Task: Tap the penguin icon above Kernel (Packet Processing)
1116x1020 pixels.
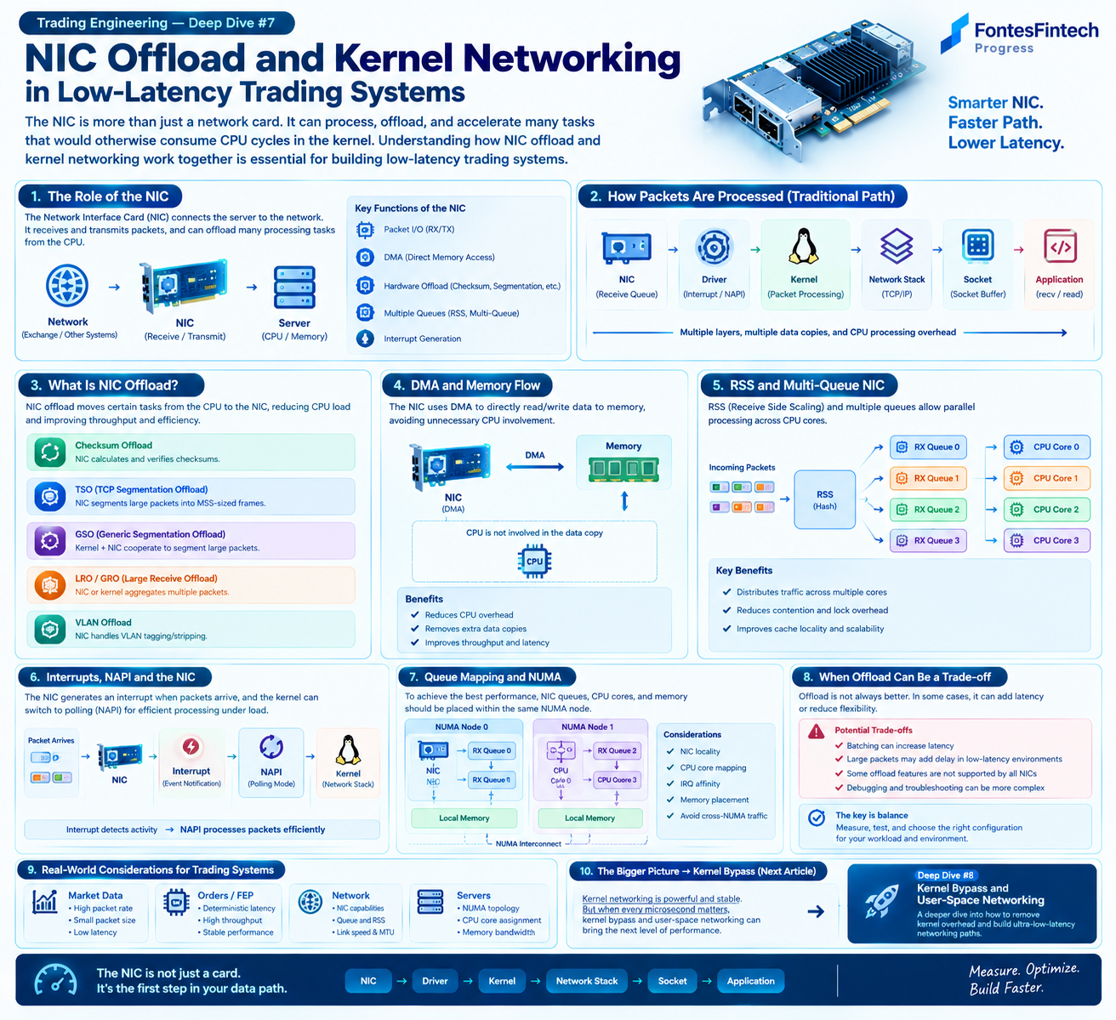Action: point(804,246)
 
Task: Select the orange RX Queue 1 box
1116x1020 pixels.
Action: point(928,478)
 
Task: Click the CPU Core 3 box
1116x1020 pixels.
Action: point(1046,540)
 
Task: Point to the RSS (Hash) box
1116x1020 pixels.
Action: point(824,499)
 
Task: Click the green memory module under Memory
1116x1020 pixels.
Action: point(623,469)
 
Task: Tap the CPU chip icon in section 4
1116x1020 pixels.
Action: point(534,561)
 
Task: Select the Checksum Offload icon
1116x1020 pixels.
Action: point(49,452)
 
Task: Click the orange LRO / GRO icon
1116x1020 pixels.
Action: point(49,584)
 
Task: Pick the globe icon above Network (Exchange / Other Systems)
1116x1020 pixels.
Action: point(66,286)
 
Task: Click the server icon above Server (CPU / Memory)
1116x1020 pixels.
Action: point(294,288)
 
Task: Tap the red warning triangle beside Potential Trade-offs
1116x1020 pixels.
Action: point(816,732)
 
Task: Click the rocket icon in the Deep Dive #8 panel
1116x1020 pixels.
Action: point(882,901)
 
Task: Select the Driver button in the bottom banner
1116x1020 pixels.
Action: point(435,981)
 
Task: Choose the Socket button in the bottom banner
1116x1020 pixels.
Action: point(672,981)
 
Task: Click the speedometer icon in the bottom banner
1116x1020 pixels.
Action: point(55,980)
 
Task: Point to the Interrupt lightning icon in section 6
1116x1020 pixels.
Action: point(191,746)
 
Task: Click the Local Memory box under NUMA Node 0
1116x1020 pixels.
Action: point(464,818)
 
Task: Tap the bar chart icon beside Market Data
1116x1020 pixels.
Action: point(45,902)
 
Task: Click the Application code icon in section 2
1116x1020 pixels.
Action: point(1060,246)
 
